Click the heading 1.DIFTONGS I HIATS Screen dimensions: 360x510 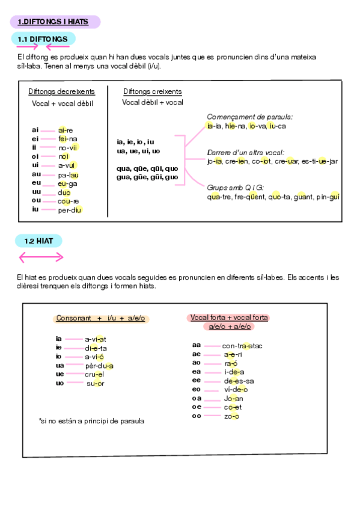click(x=53, y=22)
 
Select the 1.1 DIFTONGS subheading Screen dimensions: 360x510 click(x=42, y=39)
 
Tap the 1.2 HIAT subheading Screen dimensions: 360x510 click(x=38, y=241)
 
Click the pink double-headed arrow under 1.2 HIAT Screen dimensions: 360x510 click(x=41, y=257)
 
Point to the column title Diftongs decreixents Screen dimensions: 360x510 click(x=61, y=92)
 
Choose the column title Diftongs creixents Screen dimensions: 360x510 click(x=153, y=92)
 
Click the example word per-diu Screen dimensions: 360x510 click(x=69, y=210)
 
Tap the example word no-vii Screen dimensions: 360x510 click(x=68, y=147)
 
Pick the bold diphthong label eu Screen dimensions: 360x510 click(x=36, y=183)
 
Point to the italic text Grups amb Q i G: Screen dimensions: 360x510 click(x=236, y=188)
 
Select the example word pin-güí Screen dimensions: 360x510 click(x=328, y=197)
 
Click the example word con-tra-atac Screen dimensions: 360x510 click(x=242, y=346)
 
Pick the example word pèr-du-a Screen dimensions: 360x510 click(x=99, y=366)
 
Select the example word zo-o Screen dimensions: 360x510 click(x=231, y=416)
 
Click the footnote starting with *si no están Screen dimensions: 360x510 click(x=91, y=421)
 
